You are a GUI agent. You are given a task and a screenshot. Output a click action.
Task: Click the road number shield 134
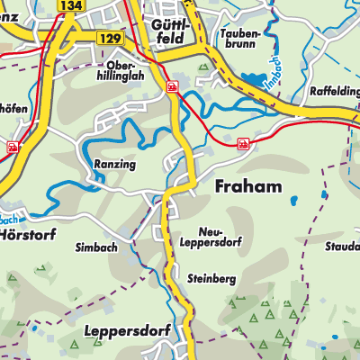click(69, 5)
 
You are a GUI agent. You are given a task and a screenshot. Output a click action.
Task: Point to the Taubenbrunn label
click(238, 37)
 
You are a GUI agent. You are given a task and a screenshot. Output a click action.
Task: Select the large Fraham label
click(249, 186)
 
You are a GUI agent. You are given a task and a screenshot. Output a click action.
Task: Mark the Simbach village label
click(96, 247)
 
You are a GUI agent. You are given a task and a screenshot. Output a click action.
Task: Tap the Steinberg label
click(211, 279)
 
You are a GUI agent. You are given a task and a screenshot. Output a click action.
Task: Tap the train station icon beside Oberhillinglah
click(171, 87)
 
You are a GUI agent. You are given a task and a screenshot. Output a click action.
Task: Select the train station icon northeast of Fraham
click(243, 143)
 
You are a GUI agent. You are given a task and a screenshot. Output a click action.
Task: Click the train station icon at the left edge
click(13, 146)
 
